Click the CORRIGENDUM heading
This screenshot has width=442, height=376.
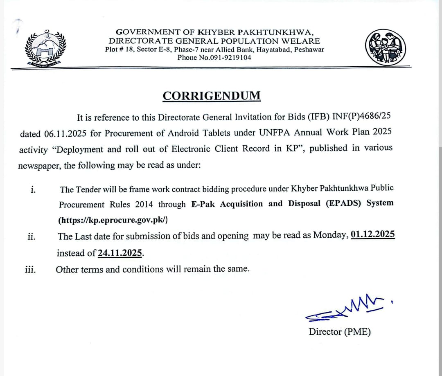211,96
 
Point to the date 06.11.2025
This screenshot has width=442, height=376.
59,133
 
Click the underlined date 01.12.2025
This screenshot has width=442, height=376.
372,235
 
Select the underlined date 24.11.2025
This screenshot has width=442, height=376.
120,253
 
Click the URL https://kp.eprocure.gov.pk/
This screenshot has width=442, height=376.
113,220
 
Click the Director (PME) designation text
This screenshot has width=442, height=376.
340,332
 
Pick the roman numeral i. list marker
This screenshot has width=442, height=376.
33,189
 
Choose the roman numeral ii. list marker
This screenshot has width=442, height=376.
32,236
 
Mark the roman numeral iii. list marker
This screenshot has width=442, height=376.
30,270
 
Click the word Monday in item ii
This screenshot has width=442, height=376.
331,235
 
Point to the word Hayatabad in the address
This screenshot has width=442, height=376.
271,50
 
